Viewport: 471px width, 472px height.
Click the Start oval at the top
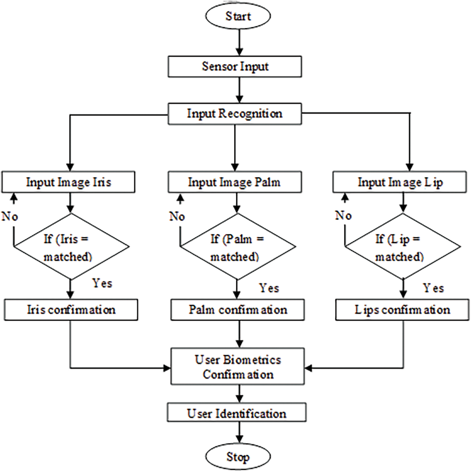[238, 16]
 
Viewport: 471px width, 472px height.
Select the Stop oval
[238, 457]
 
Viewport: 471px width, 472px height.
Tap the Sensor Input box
[235, 67]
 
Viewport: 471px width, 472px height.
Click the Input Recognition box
[235, 114]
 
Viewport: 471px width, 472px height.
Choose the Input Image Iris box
[69, 182]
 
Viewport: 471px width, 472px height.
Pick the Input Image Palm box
[235, 182]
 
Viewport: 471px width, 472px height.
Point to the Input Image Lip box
[400, 182]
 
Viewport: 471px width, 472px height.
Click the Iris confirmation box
[71, 310]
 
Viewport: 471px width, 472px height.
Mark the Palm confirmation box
[238, 310]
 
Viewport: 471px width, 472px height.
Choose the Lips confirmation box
[402, 310]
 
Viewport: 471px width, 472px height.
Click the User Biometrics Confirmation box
[238, 367]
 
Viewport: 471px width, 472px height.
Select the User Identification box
[237, 414]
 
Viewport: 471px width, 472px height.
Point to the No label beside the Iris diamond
[10, 217]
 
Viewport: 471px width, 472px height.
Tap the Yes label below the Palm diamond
[269, 289]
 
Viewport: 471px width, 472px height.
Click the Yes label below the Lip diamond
[433, 289]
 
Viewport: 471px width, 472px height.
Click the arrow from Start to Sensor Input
[239, 43]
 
